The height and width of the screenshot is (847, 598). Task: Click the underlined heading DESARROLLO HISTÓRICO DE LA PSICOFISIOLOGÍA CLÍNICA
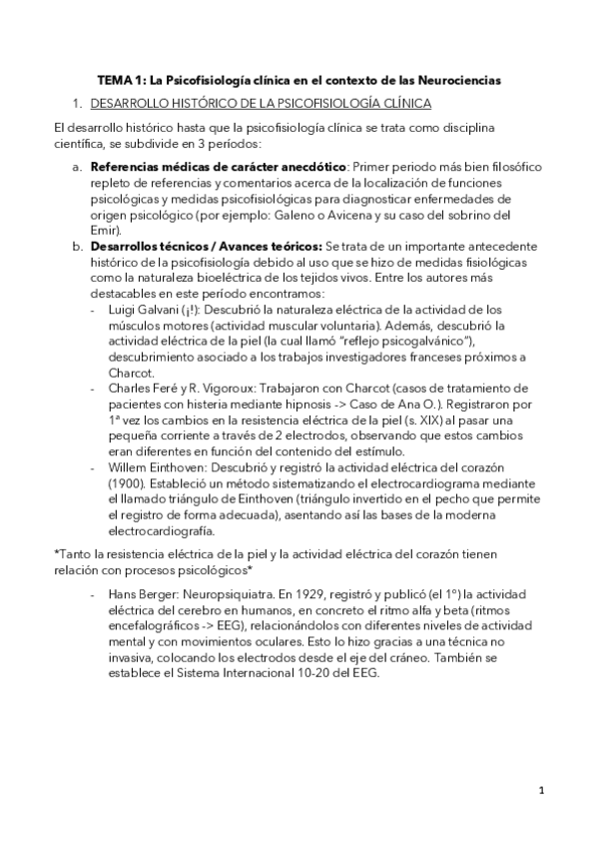coord(261,103)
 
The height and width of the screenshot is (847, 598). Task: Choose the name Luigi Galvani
coord(141,310)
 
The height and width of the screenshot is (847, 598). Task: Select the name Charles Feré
coord(143,389)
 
